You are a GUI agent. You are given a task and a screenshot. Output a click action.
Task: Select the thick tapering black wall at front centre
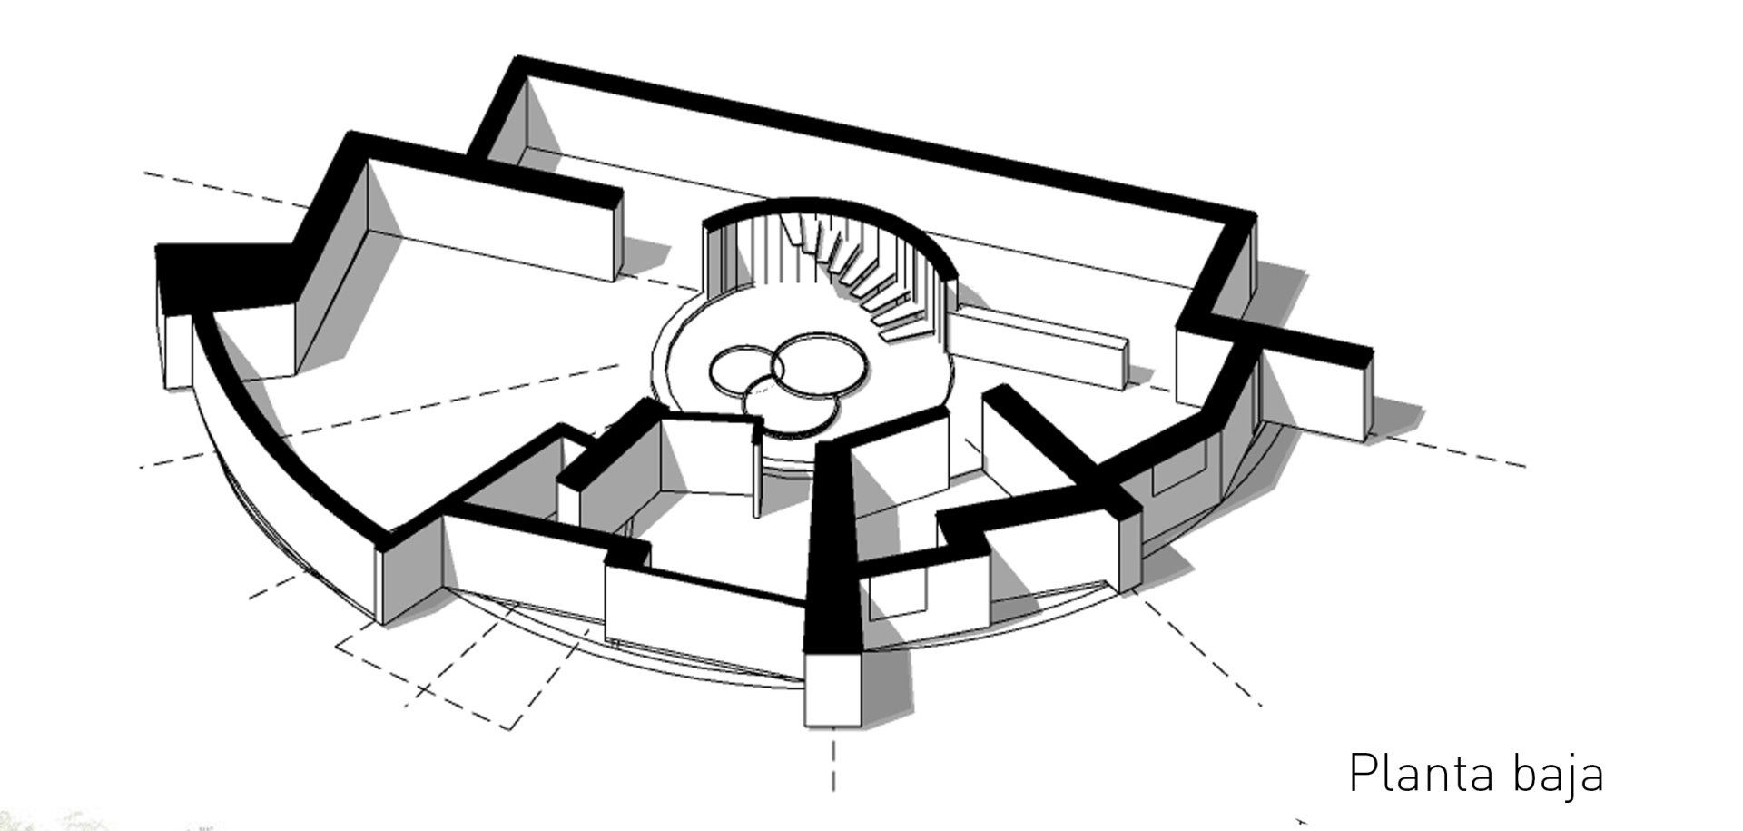(x=832, y=545)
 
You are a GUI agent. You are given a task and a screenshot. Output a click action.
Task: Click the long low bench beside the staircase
(x=1044, y=341)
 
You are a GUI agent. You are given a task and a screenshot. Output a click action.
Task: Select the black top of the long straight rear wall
(x=871, y=136)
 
